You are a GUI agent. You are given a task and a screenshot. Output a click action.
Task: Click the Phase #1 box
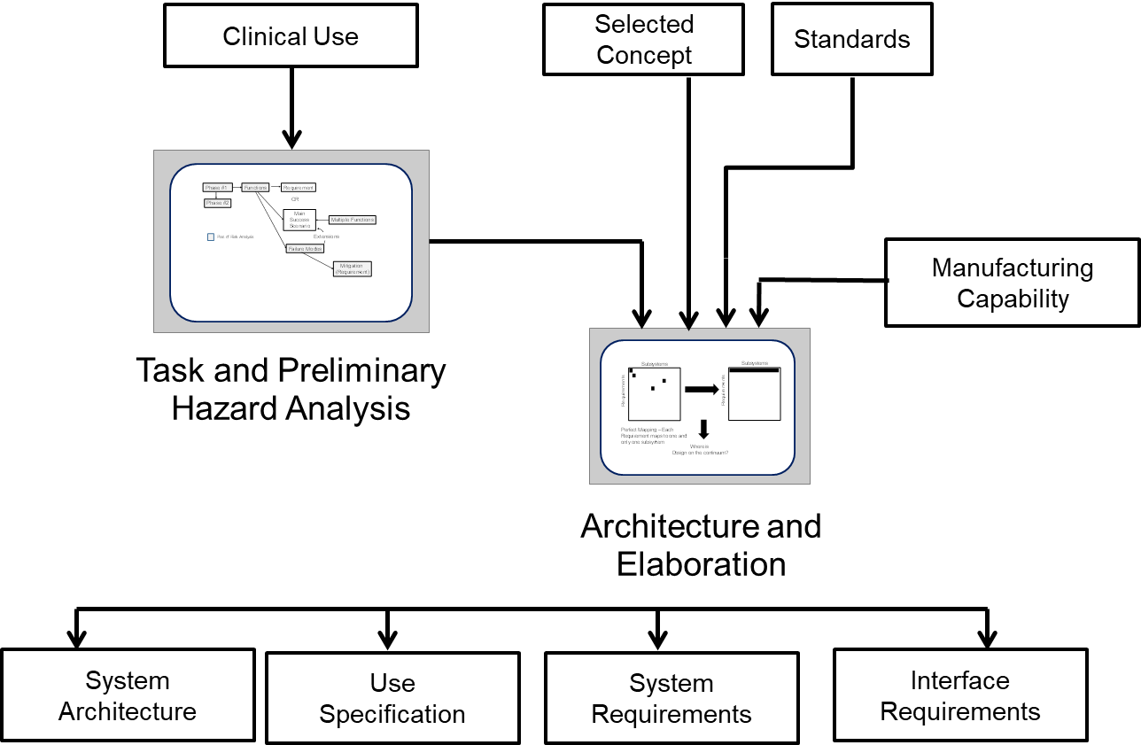(217, 188)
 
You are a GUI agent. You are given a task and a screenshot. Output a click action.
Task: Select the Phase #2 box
(217, 203)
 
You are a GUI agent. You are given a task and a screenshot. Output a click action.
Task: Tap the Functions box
(255, 188)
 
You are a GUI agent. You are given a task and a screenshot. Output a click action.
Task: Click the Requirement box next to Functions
(299, 188)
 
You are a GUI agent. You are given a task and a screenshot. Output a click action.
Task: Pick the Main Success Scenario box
(299, 220)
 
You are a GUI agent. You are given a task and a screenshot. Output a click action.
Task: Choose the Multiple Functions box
(353, 220)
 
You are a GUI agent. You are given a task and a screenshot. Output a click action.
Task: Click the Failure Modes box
(305, 249)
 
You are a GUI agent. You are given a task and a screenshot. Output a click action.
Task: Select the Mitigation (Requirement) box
(353, 269)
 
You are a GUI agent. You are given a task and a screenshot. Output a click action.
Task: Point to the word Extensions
(326, 237)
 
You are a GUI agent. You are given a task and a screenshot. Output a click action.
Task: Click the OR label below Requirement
(295, 199)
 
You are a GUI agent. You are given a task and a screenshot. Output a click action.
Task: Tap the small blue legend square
(211, 237)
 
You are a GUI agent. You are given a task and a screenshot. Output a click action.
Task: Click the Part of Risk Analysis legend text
(236, 237)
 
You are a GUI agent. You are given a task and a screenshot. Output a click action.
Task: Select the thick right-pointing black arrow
(702, 390)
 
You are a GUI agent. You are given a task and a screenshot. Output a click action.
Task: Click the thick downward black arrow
(704, 430)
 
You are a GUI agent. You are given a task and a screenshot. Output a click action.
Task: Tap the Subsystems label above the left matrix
(655, 364)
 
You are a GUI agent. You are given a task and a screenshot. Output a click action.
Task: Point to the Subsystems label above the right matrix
(755, 363)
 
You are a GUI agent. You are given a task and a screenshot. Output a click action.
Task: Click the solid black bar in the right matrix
(754, 370)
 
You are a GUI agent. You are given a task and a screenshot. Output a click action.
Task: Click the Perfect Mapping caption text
(654, 436)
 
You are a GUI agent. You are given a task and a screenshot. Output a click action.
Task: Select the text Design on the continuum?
(700, 453)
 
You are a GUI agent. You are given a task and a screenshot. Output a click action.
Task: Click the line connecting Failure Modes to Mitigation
(319, 260)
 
